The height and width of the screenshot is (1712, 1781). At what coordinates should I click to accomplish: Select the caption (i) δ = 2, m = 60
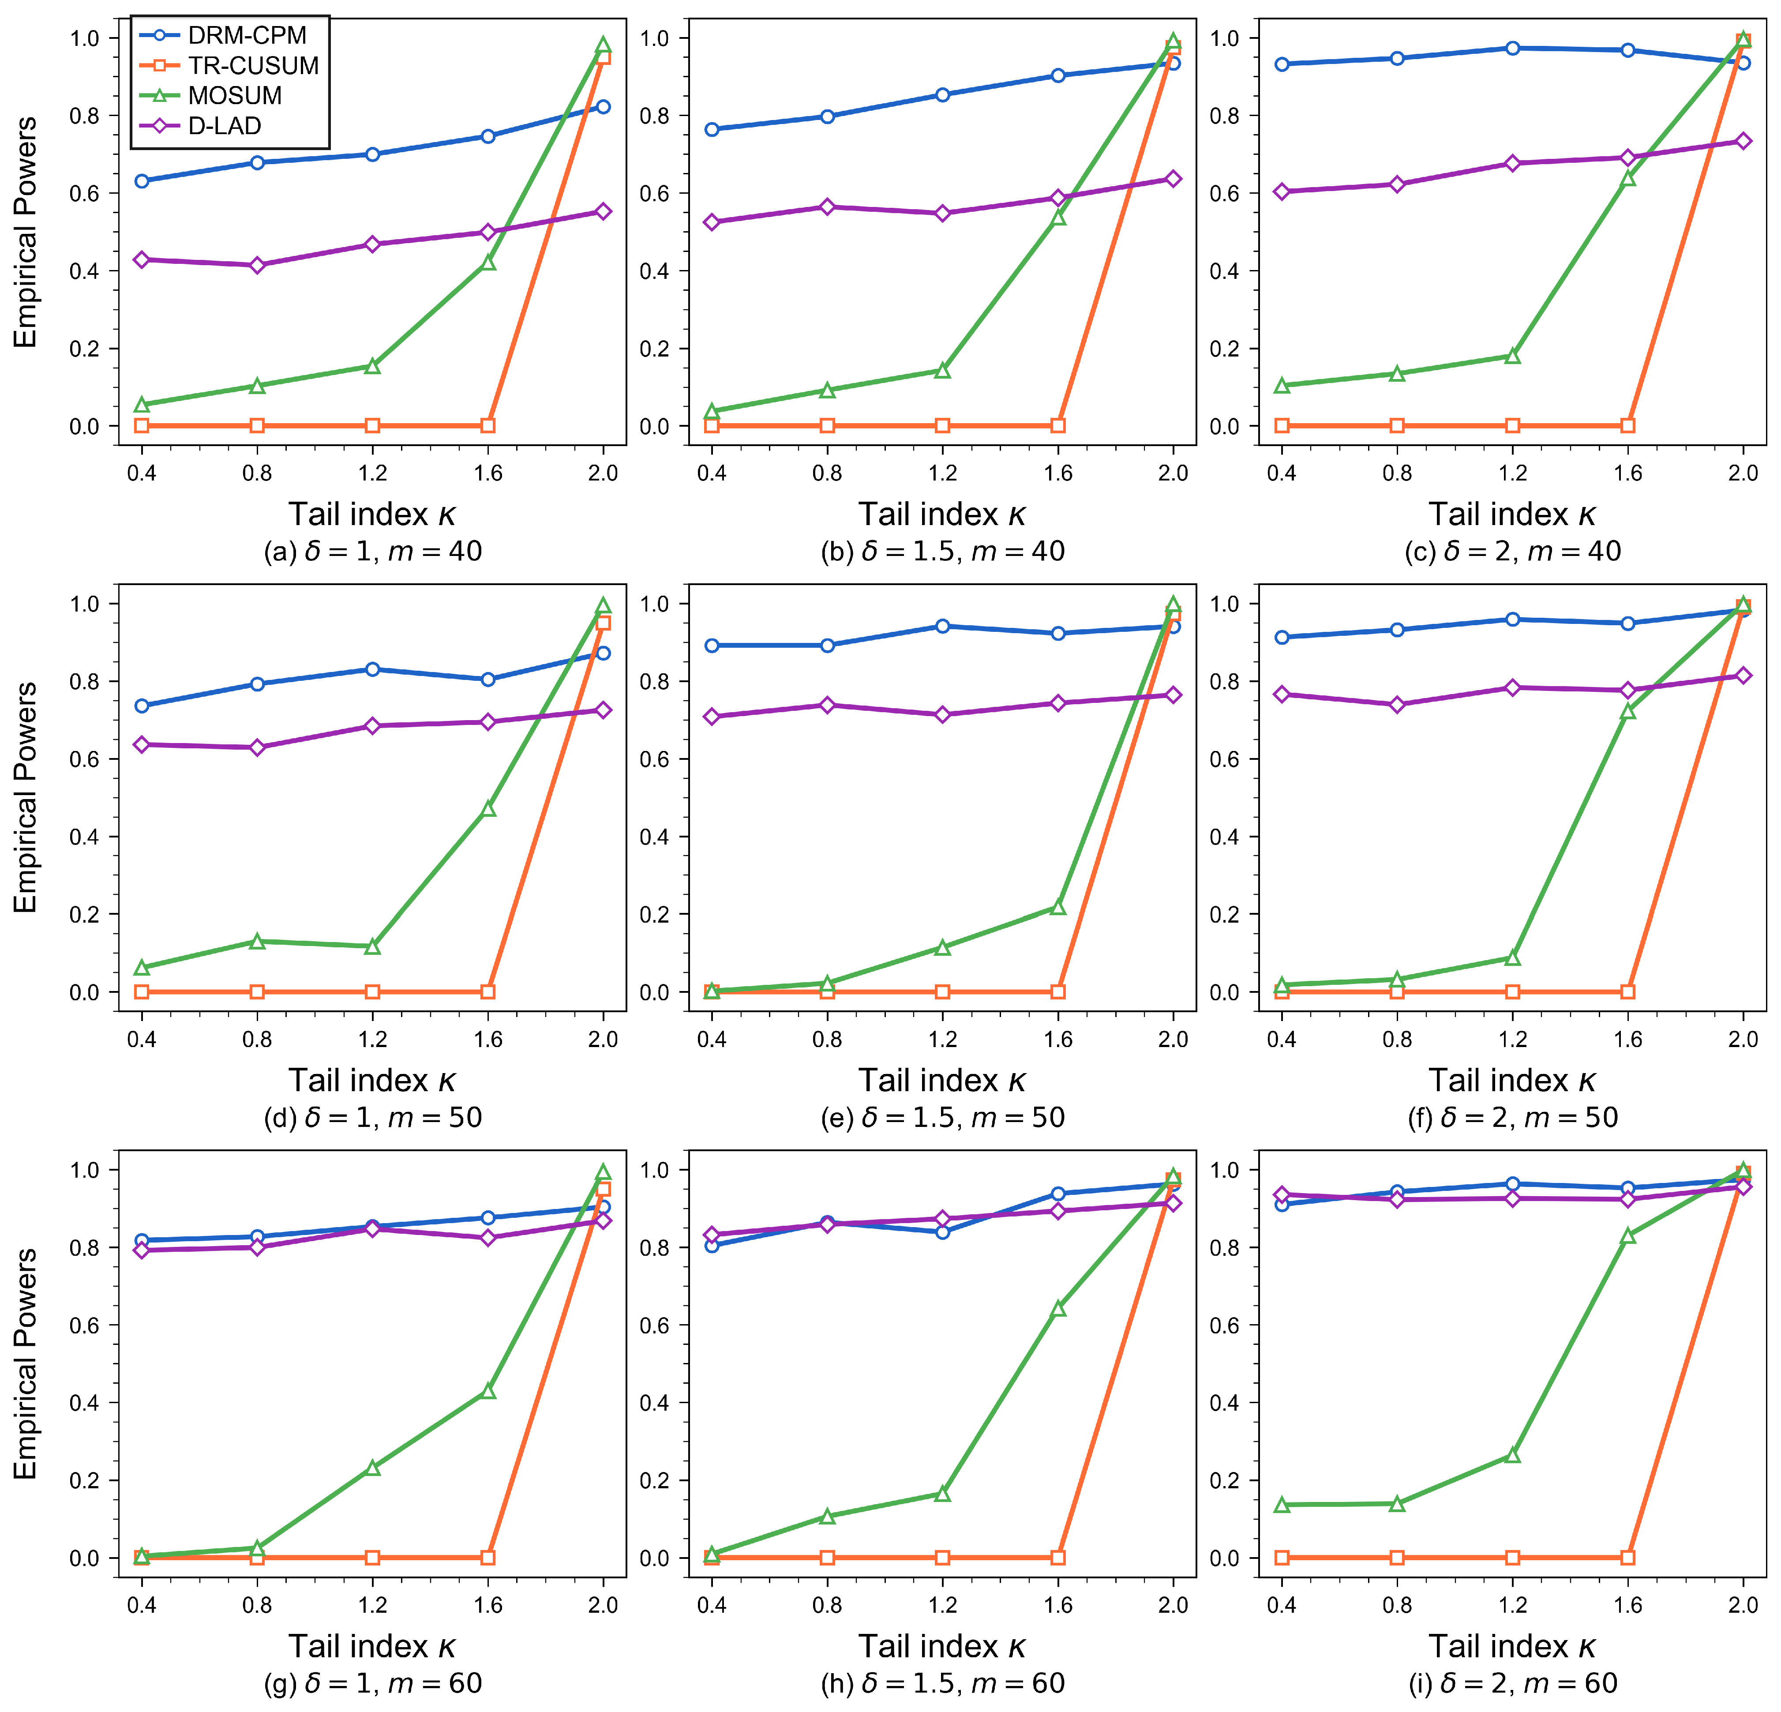click(x=1513, y=1683)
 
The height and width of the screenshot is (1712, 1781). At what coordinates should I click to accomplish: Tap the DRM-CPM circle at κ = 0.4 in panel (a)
click(x=142, y=181)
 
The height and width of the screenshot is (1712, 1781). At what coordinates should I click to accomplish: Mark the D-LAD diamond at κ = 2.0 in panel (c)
click(x=1743, y=141)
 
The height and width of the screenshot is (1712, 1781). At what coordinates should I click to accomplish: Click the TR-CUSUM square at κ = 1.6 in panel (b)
click(x=1057, y=425)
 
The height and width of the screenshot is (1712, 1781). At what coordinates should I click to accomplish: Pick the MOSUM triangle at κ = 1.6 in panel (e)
click(x=1057, y=907)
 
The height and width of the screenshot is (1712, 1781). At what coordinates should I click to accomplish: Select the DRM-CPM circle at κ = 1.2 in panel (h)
click(x=942, y=1232)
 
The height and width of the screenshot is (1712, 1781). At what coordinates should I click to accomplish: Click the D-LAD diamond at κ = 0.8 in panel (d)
click(x=257, y=747)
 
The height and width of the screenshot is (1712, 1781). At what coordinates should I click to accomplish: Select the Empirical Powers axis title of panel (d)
click(x=26, y=797)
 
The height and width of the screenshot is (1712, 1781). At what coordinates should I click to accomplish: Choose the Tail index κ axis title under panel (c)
click(x=1513, y=514)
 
